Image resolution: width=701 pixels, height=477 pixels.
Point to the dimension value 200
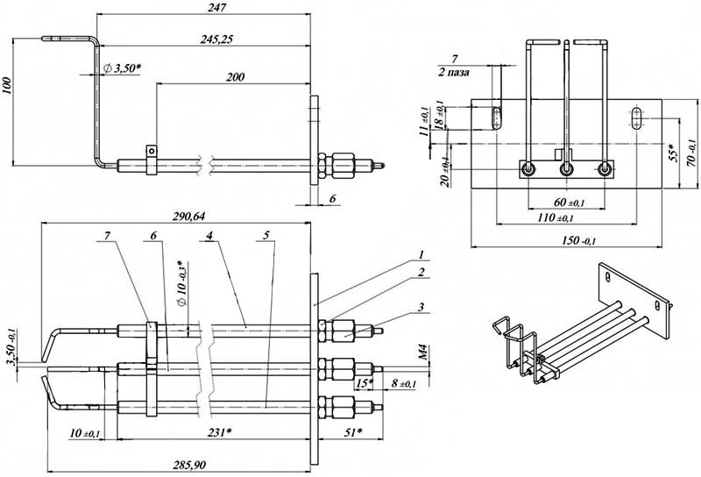pyautogui.click(x=234, y=77)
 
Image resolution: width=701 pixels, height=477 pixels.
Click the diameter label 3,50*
pyautogui.click(x=123, y=68)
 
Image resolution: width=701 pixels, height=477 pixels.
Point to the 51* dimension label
pyautogui.click(x=353, y=432)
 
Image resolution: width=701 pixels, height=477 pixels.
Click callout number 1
pyautogui.click(x=421, y=253)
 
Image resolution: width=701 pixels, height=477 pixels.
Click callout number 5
pyautogui.click(x=267, y=237)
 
